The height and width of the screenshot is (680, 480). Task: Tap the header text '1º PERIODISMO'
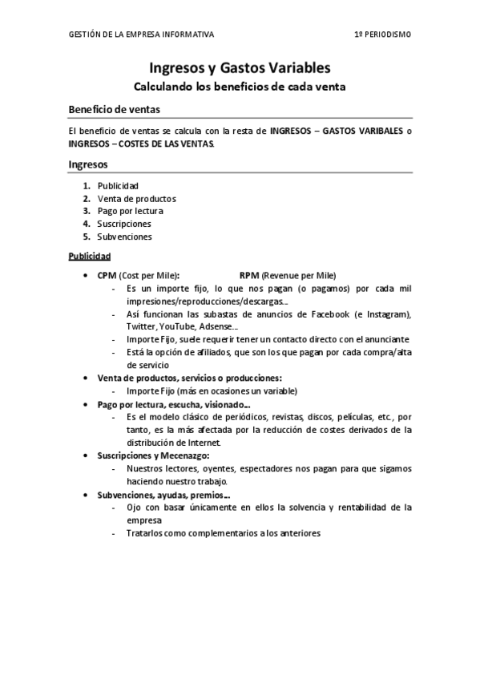pyautogui.click(x=384, y=34)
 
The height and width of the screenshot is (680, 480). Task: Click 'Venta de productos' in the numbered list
pyautogui.click(x=136, y=198)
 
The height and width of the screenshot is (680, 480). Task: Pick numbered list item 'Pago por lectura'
pyautogui.click(x=130, y=211)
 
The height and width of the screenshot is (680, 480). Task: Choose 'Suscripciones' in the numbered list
pyautogui.click(x=124, y=224)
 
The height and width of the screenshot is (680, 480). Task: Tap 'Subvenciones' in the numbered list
pyautogui.click(x=124, y=237)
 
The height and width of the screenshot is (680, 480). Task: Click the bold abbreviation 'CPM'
pyautogui.click(x=107, y=274)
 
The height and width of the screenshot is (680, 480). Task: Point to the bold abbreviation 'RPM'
pyautogui.click(x=249, y=274)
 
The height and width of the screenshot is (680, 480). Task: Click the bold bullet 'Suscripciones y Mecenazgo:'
pyautogui.click(x=152, y=455)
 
